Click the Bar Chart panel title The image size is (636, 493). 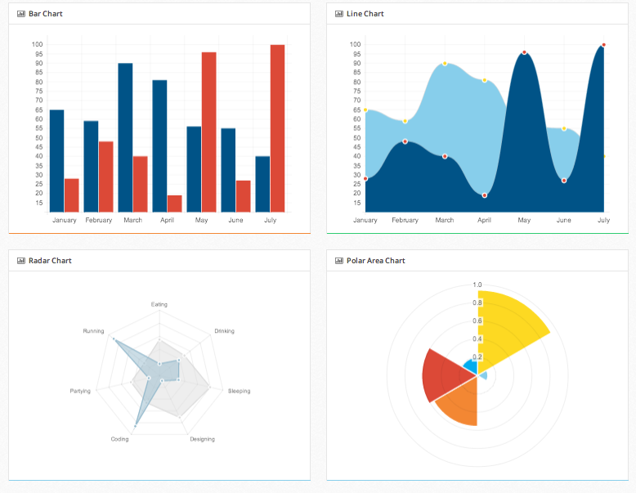[x=45, y=14]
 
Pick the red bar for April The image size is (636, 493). [x=174, y=204]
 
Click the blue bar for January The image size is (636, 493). [x=56, y=160]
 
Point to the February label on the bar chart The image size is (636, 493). [x=99, y=221]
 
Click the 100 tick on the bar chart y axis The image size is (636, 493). [x=38, y=44]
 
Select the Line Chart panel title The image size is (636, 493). [x=365, y=14]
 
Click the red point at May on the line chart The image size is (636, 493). [x=524, y=52]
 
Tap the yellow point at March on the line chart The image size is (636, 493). [x=445, y=63]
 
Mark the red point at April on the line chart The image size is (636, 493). [x=485, y=195]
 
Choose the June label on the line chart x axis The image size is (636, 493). [x=564, y=221]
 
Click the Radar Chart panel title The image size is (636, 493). [x=50, y=261]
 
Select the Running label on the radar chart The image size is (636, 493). [x=93, y=331]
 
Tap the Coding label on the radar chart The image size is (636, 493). [x=119, y=439]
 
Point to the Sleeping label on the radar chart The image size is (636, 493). [x=239, y=391]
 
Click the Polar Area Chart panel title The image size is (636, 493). [x=375, y=261]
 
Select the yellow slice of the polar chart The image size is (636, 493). [x=507, y=327]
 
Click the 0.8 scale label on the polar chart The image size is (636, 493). [x=477, y=303]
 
